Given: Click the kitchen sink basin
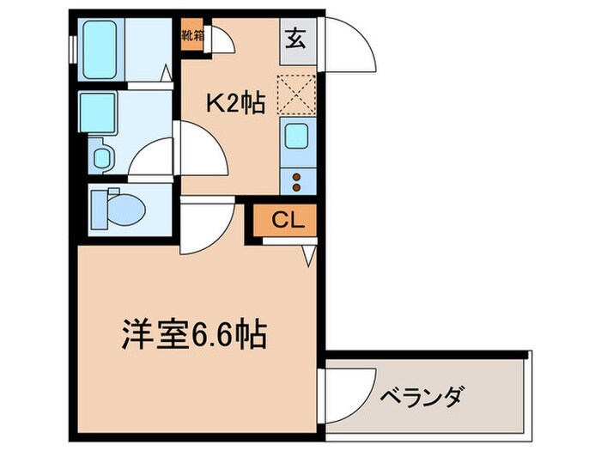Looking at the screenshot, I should click(x=297, y=137).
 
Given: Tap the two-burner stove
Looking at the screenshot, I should click(x=297, y=180).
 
